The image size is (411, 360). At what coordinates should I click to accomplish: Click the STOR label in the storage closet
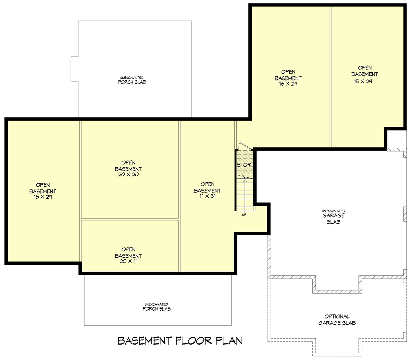point(244,165)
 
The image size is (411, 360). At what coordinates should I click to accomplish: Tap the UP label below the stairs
point(244,215)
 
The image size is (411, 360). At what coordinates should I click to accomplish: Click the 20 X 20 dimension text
point(128,174)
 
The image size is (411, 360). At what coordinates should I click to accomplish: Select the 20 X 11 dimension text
point(128,261)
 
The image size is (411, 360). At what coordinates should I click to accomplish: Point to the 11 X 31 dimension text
point(208,196)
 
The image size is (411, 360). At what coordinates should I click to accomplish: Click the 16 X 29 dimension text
point(288,84)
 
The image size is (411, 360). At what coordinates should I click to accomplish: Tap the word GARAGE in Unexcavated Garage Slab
point(334,215)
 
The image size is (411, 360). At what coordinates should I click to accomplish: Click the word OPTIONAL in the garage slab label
point(337,316)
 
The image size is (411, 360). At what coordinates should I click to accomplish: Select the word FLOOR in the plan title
point(194,341)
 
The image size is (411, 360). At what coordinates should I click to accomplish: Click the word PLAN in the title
point(229,341)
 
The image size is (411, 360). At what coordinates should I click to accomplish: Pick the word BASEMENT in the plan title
point(145,341)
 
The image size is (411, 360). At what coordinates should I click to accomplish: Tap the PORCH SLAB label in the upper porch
point(132,82)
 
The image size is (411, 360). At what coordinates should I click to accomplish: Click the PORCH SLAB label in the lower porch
point(157,309)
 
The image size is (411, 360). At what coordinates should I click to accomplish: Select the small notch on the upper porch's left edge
point(74,69)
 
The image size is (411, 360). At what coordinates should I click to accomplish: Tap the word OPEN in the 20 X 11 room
point(128,249)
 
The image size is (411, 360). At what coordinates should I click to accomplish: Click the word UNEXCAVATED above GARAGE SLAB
point(334,211)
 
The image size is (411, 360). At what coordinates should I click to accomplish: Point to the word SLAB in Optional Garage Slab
point(350,323)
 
